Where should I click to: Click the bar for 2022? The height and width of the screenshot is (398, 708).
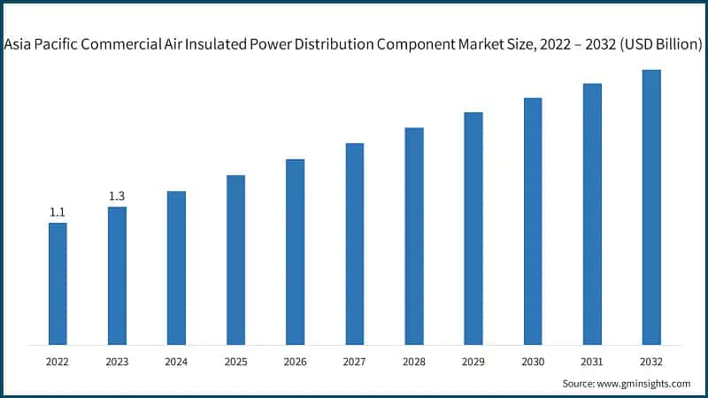58,283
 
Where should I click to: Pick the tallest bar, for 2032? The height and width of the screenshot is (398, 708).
651,207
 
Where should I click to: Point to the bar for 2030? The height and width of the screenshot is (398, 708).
533,221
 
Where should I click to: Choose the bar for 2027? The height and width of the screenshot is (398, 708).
355,243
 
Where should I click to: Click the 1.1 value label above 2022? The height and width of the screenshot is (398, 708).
58,212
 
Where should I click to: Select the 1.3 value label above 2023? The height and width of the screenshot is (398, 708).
117,196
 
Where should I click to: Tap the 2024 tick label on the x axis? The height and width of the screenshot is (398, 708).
176,361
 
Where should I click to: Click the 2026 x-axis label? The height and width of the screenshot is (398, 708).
295,361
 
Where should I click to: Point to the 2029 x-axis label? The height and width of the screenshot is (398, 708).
473,361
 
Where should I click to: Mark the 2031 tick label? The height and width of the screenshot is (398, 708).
592,361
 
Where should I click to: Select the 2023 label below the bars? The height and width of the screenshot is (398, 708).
117,361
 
